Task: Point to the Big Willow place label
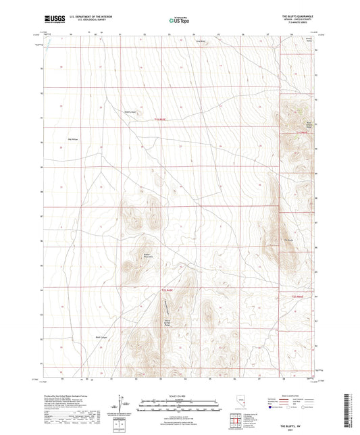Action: pos(73,139)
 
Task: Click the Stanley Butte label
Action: pos(128,112)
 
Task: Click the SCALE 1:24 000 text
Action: pos(180,394)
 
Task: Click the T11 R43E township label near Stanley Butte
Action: pos(157,119)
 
